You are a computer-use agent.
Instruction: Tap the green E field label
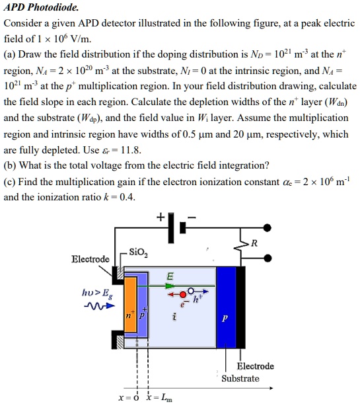coord(170,276)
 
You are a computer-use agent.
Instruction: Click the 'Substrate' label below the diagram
coord(240,378)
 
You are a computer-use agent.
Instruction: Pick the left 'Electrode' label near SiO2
coord(90,259)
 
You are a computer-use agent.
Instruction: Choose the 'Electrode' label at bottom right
coord(255,366)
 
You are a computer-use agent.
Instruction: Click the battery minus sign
coord(192,216)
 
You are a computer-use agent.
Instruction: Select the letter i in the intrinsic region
coord(174,317)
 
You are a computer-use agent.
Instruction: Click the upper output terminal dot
coord(267,227)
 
